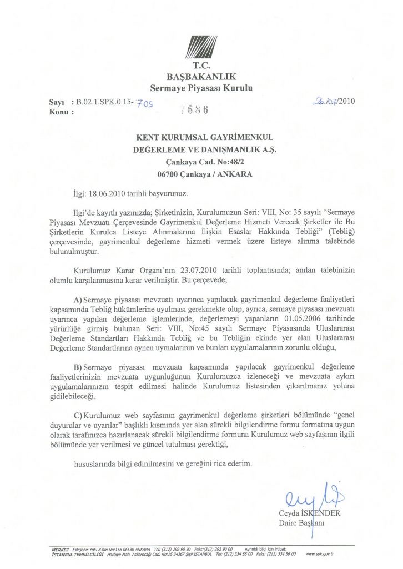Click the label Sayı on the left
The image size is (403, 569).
(x=57, y=103)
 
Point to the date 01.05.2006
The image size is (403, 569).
(x=299, y=319)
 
